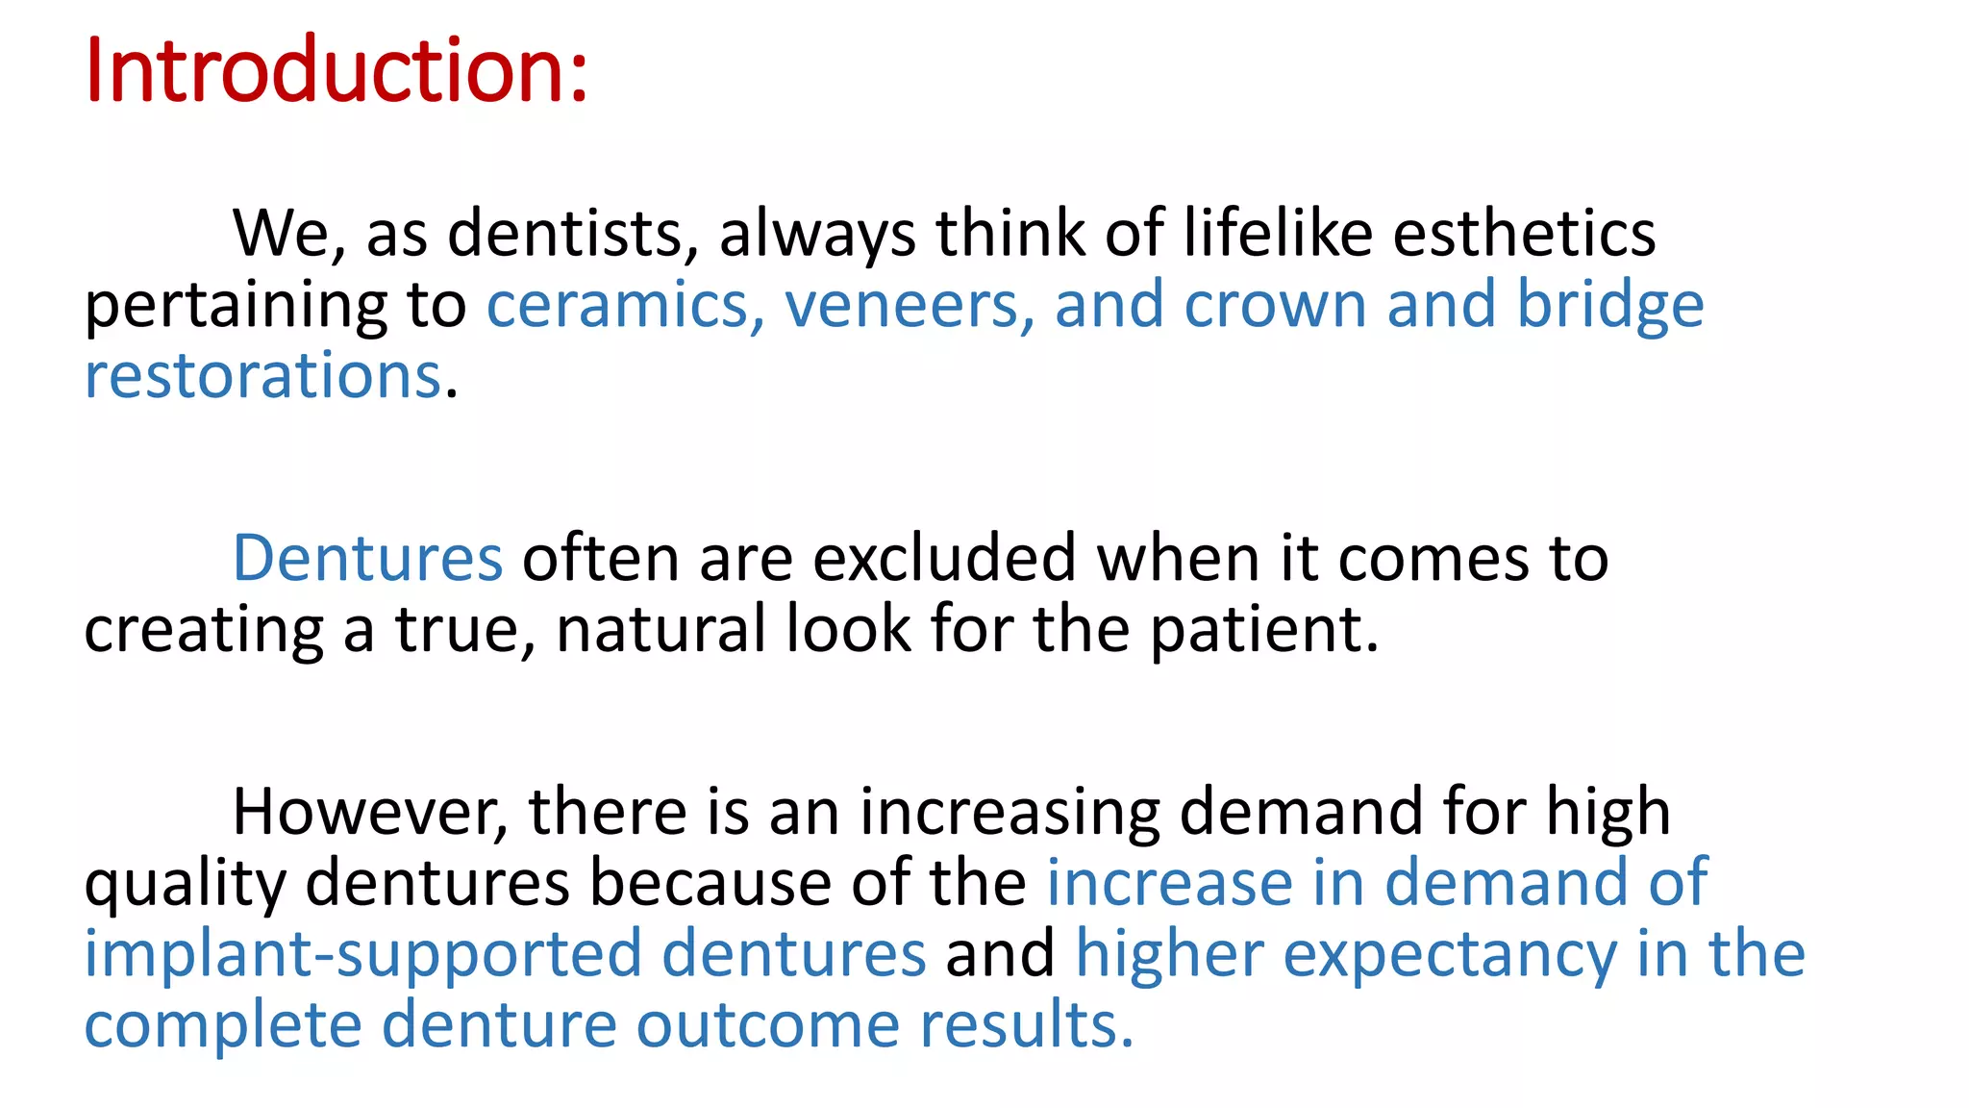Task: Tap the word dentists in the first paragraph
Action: coord(573,234)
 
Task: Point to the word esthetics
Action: coord(1524,234)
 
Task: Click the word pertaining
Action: coord(237,306)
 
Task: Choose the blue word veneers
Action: coord(910,306)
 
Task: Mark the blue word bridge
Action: coord(1609,306)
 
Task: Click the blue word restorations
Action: coord(262,376)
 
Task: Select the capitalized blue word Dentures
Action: coord(367,559)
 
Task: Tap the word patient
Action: coord(1263,630)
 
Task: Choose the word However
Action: coord(370,812)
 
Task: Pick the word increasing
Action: coord(1009,812)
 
